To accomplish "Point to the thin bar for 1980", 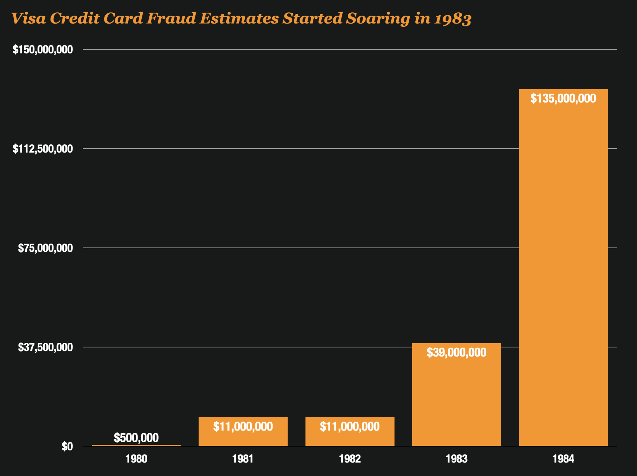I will [136, 445].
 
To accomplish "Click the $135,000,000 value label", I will [563, 98].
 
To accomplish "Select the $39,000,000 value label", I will [456, 352].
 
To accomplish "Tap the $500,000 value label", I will [136, 438].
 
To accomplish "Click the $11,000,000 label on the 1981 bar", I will [243, 426].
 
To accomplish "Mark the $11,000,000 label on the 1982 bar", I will [350, 426].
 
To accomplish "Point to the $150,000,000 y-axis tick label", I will [43, 49].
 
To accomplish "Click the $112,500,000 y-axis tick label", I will [43, 149].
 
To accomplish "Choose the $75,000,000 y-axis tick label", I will [45, 248].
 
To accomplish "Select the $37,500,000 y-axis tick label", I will [45, 347].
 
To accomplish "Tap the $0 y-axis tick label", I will [67, 446].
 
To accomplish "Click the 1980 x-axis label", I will [136, 459].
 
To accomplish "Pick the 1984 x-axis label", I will [563, 459].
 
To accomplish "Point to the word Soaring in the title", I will [378, 19].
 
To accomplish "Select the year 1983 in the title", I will [453, 19].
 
